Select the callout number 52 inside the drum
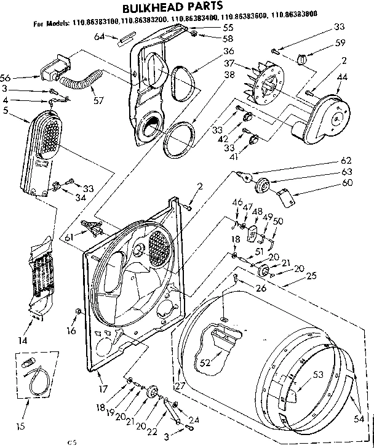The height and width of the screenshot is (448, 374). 204,362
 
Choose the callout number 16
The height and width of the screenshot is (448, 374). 71,330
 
